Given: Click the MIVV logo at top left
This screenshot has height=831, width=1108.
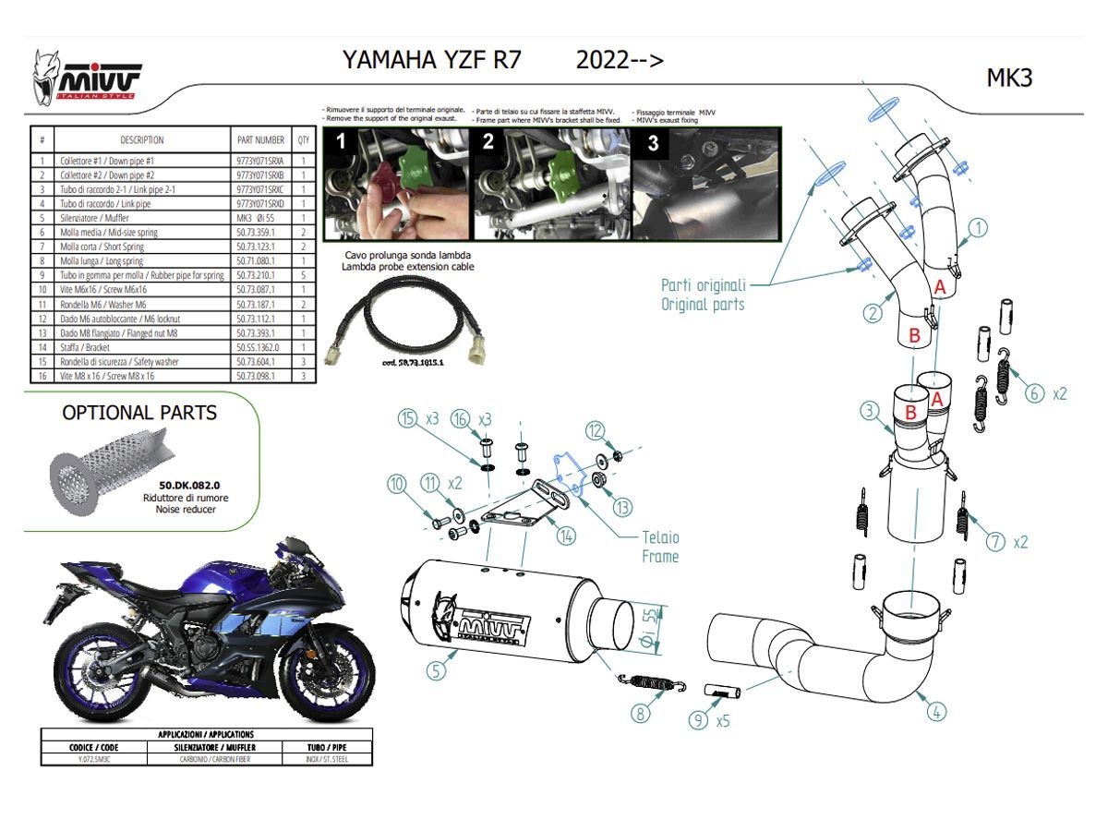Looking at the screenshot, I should pos(88,78).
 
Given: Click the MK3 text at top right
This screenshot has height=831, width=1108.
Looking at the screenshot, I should pos(1009,78).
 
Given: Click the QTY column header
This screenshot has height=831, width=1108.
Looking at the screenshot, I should pos(303,140).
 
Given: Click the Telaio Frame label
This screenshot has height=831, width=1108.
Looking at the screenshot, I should pos(660,547).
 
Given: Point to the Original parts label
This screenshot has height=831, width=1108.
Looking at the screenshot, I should pos(703,295).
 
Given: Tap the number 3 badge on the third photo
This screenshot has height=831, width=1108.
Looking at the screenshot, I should pos(652,143).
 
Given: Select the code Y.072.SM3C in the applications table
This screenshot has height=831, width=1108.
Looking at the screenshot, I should pos(80,758).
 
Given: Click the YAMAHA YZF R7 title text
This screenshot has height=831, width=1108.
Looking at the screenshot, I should pos(431,60).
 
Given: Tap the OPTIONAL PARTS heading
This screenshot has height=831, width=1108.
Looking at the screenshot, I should pos(139,413).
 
